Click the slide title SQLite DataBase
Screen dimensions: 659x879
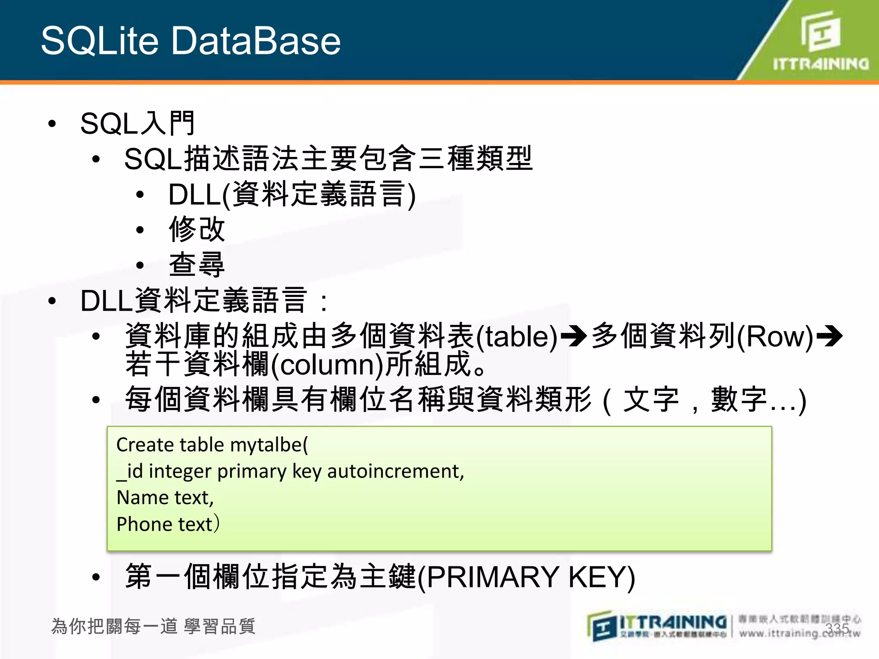click(191, 41)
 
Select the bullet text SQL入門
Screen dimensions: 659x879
click(137, 124)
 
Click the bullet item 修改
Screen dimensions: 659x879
click(197, 229)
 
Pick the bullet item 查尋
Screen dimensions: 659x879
click(197, 264)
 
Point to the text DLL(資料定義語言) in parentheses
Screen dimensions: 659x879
click(292, 194)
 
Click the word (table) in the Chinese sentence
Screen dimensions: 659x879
click(516, 336)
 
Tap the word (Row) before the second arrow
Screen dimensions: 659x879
click(775, 336)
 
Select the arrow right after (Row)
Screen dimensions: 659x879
click(829, 336)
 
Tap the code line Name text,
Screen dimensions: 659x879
click(165, 498)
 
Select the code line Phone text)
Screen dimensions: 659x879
click(168, 524)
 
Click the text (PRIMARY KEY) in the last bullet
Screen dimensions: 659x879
click(526, 577)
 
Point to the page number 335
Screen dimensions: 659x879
click(837, 629)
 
